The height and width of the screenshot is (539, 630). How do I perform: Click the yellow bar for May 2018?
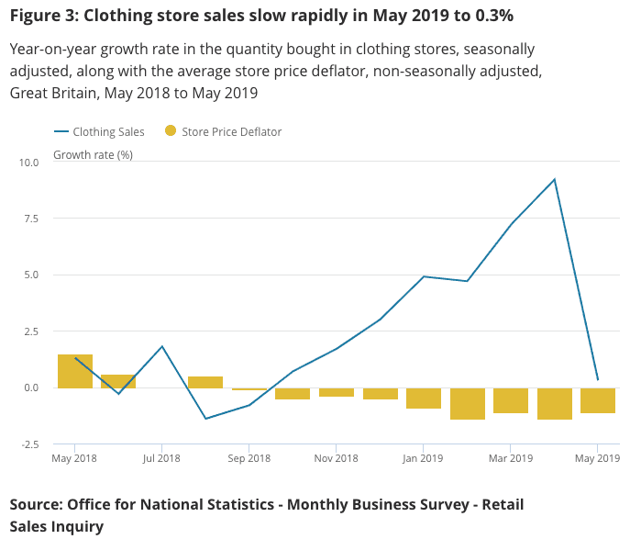coord(75,371)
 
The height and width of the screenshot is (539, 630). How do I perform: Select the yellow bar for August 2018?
coord(205,382)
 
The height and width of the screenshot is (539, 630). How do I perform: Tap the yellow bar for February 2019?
coord(467,403)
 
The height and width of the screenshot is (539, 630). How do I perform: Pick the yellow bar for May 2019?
coord(598,400)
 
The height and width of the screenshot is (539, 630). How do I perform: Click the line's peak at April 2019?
coord(555,179)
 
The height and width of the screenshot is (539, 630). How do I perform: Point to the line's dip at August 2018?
coord(205,419)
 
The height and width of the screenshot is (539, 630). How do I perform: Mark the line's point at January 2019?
coord(424,276)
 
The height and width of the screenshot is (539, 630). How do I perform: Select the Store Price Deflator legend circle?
coord(170,131)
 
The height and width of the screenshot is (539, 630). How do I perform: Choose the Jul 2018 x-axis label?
coord(162,458)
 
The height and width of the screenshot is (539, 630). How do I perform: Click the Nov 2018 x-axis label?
coord(337,458)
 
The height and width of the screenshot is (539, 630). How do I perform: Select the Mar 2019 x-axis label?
coord(511,458)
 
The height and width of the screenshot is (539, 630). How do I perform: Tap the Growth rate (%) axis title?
coord(93,154)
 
